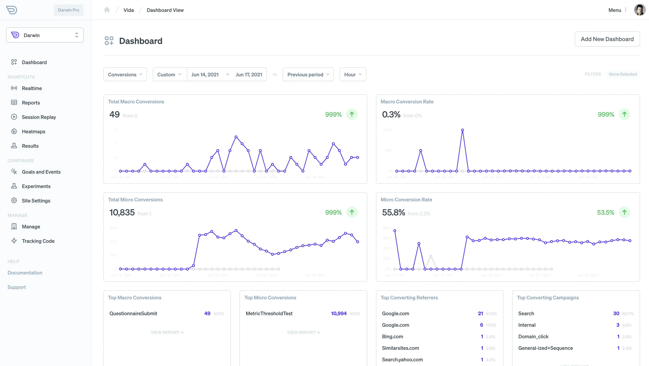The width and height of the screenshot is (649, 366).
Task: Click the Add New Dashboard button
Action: tap(607, 39)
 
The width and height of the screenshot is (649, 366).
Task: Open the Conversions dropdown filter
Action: tap(125, 74)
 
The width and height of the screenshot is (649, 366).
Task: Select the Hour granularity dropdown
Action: tap(352, 74)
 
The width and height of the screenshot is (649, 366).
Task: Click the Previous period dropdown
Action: tap(308, 74)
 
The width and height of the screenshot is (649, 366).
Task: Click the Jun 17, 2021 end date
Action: tap(249, 74)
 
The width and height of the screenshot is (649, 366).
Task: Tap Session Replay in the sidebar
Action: tap(39, 117)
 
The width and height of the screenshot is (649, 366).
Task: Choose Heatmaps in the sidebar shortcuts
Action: tap(33, 131)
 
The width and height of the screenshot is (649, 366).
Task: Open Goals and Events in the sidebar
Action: tap(41, 172)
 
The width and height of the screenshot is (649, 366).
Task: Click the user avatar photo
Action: tap(639, 10)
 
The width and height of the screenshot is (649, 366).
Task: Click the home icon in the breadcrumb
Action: tap(107, 10)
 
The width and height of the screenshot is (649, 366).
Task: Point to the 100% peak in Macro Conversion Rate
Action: tap(462, 130)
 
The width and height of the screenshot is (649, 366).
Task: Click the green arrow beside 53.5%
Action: tap(624, 212)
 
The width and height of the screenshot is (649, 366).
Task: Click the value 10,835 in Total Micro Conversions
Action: tap(122, 213)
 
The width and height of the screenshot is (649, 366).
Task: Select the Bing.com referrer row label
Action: tap(392, 336)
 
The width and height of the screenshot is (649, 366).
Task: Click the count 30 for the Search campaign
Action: tap(616, 313)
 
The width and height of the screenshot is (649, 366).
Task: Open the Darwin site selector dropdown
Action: tap(45, 35)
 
